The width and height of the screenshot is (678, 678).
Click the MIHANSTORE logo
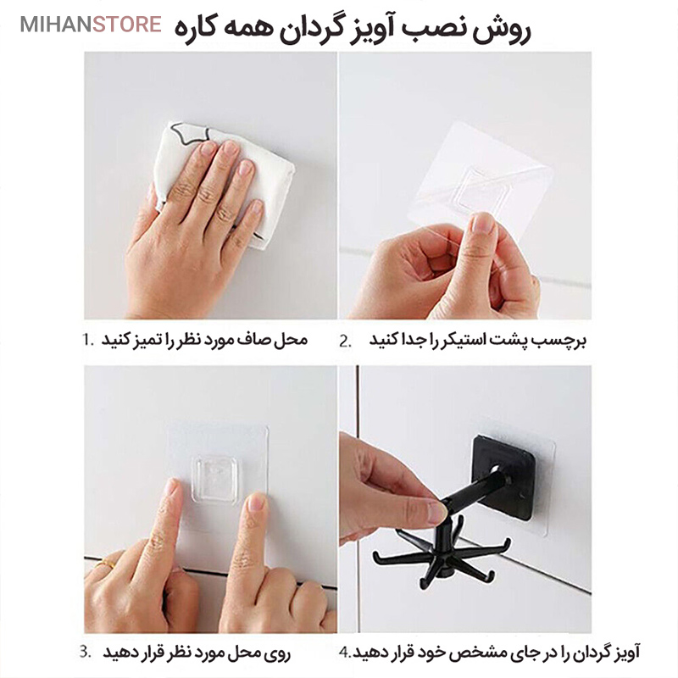(x=91, y=25)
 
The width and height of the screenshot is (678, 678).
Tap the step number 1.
(x=88, y=340)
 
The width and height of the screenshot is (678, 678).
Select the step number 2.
(x=346, y=342)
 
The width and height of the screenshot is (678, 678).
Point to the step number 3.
(x=86, y=651)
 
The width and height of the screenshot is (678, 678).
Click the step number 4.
(x=345, y=653)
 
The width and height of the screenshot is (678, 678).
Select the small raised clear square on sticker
(x=215, y=479)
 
